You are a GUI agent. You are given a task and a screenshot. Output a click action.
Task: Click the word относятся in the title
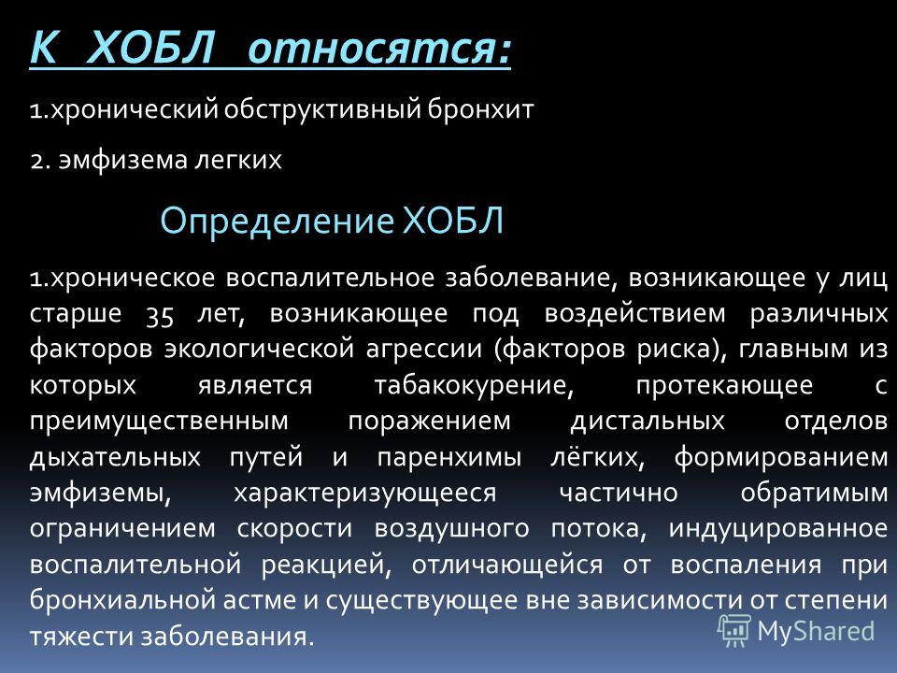pos(378,49)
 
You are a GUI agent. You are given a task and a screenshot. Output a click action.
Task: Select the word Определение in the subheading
pos(277,221)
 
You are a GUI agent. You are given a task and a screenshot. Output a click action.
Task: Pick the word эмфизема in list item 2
pos(122,160)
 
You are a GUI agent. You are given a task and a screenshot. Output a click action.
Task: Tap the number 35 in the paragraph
pos(160,314)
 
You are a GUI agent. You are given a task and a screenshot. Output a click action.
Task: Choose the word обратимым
pos(814,494)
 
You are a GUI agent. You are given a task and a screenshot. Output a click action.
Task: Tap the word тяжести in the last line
pos(81,637)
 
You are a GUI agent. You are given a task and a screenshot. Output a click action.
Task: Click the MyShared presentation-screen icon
pos(734,631)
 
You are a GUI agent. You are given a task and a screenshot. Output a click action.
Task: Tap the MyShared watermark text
pos(816,632)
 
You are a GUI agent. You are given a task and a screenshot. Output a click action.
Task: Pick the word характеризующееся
pos(365,494)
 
